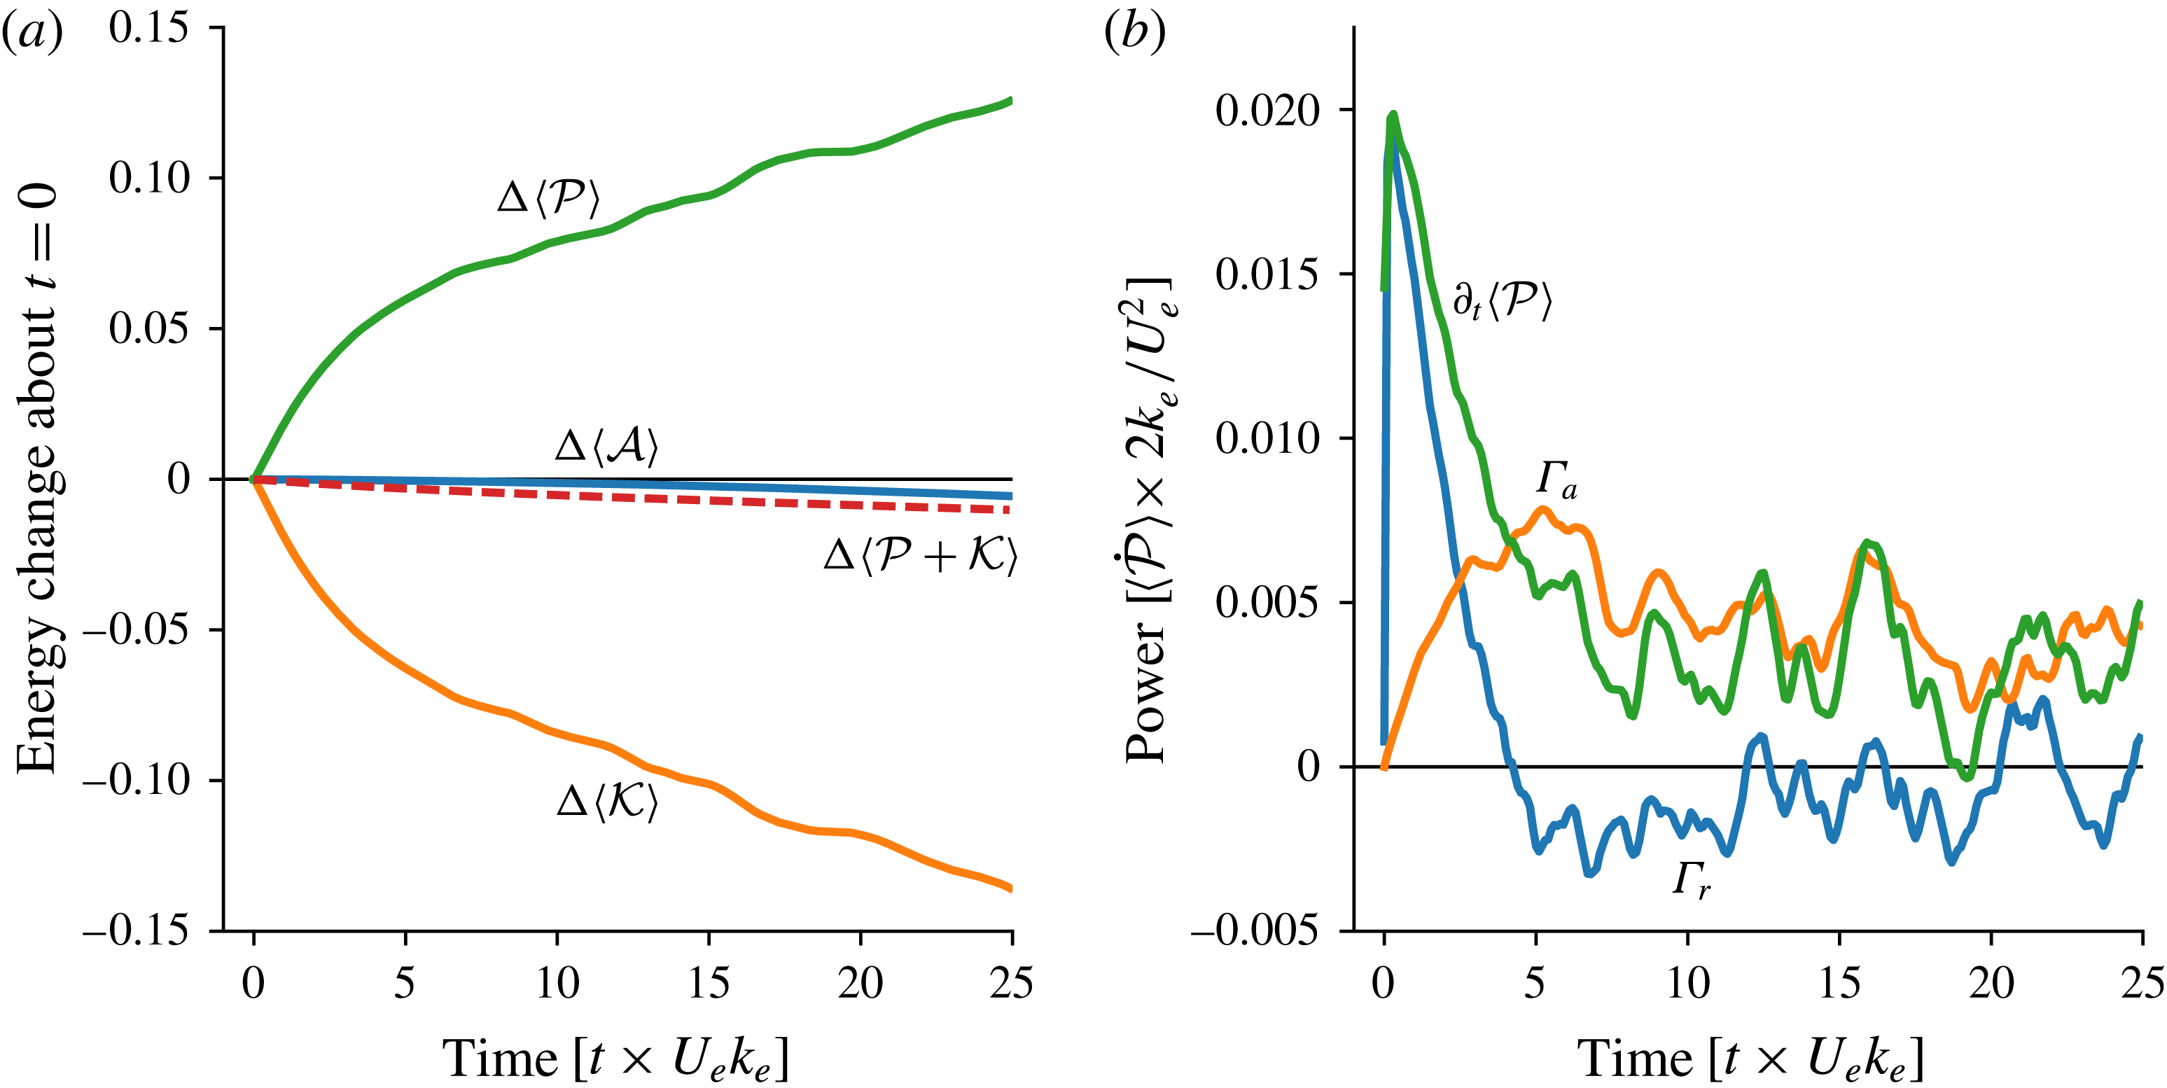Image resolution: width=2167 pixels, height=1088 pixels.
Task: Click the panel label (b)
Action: coord(1134,34)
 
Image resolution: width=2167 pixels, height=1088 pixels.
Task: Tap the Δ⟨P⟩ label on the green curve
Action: coord(548,197)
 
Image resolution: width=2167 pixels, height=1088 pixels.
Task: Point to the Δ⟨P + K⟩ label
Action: coord(920,555)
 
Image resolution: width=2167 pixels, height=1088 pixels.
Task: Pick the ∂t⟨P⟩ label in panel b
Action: coord(1503,301)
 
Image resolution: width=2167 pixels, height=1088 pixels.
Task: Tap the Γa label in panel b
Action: coord(1557,480)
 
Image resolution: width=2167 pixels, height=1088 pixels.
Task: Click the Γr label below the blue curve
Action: coord(1691,880)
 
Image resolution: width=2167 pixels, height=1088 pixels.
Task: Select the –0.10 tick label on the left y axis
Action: coord(135,780)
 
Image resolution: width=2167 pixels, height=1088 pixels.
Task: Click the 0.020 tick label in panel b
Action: coord(1268,110)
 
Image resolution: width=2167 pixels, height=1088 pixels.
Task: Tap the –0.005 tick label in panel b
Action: coord(1254,930)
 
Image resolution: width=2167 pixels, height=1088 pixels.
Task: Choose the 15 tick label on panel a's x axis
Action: coord(709,983)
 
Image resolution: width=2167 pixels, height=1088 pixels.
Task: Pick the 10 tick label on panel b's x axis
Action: coord(1687,983)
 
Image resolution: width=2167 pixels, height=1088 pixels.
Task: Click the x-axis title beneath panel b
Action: coord(1750,1058)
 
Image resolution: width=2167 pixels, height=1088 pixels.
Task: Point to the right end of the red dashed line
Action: coord(1009,510)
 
